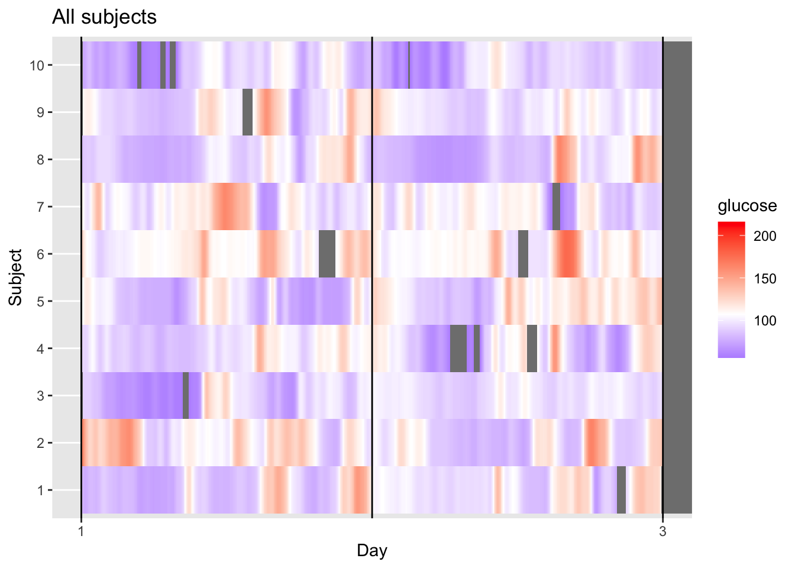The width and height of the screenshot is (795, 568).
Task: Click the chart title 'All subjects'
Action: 104,17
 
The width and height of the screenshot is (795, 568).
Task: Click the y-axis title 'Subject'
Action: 16,277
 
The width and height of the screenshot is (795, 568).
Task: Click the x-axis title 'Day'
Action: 371,551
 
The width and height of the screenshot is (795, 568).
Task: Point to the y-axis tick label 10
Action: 37,65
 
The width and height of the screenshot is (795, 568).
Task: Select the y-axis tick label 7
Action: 40,207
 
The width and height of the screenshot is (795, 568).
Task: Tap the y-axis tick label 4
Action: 40,348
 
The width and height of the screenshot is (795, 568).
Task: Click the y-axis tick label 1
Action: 40,490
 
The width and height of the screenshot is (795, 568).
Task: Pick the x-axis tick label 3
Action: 662,531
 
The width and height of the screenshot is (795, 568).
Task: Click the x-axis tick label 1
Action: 81,531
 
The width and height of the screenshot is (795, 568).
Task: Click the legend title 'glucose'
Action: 746,206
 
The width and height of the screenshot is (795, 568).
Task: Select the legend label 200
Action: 765,237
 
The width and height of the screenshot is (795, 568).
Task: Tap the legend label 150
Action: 765,279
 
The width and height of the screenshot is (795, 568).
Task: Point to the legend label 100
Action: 765,321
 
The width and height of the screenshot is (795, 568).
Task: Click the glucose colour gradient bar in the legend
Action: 731,290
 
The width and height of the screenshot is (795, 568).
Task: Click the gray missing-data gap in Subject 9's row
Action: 247,112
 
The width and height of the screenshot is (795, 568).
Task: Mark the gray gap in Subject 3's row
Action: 186,396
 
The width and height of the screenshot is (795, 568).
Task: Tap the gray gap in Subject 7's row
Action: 556,207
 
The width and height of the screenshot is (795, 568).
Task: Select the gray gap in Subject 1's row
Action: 621,490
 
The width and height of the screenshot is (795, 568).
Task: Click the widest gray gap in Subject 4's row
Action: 458,348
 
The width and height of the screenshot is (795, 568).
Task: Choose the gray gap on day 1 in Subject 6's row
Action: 327,254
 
